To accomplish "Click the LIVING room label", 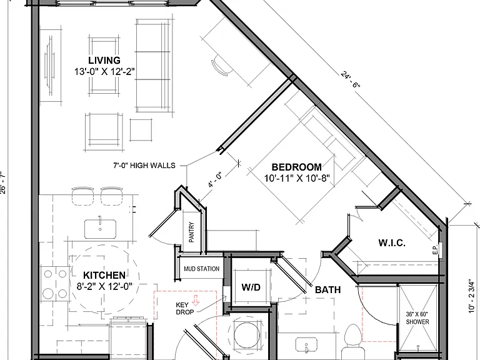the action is (104, 60).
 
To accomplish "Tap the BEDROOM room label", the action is (297, 167).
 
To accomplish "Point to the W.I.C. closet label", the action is (392, 243).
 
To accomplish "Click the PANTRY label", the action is (192, 232).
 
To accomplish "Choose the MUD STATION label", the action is (201, 269).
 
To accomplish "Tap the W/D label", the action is (251, 287).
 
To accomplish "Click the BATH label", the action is (328, 289).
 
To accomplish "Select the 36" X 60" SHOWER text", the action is (417, 318).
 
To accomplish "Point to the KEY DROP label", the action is (184, 309).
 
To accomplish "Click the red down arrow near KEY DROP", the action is (195, 300).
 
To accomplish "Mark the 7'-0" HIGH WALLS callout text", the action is (144, 166).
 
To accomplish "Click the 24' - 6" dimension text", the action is (350, 79).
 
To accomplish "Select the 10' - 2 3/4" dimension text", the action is (472, 295).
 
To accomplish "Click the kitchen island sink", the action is (101, 228).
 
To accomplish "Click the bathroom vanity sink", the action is (306, 345).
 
